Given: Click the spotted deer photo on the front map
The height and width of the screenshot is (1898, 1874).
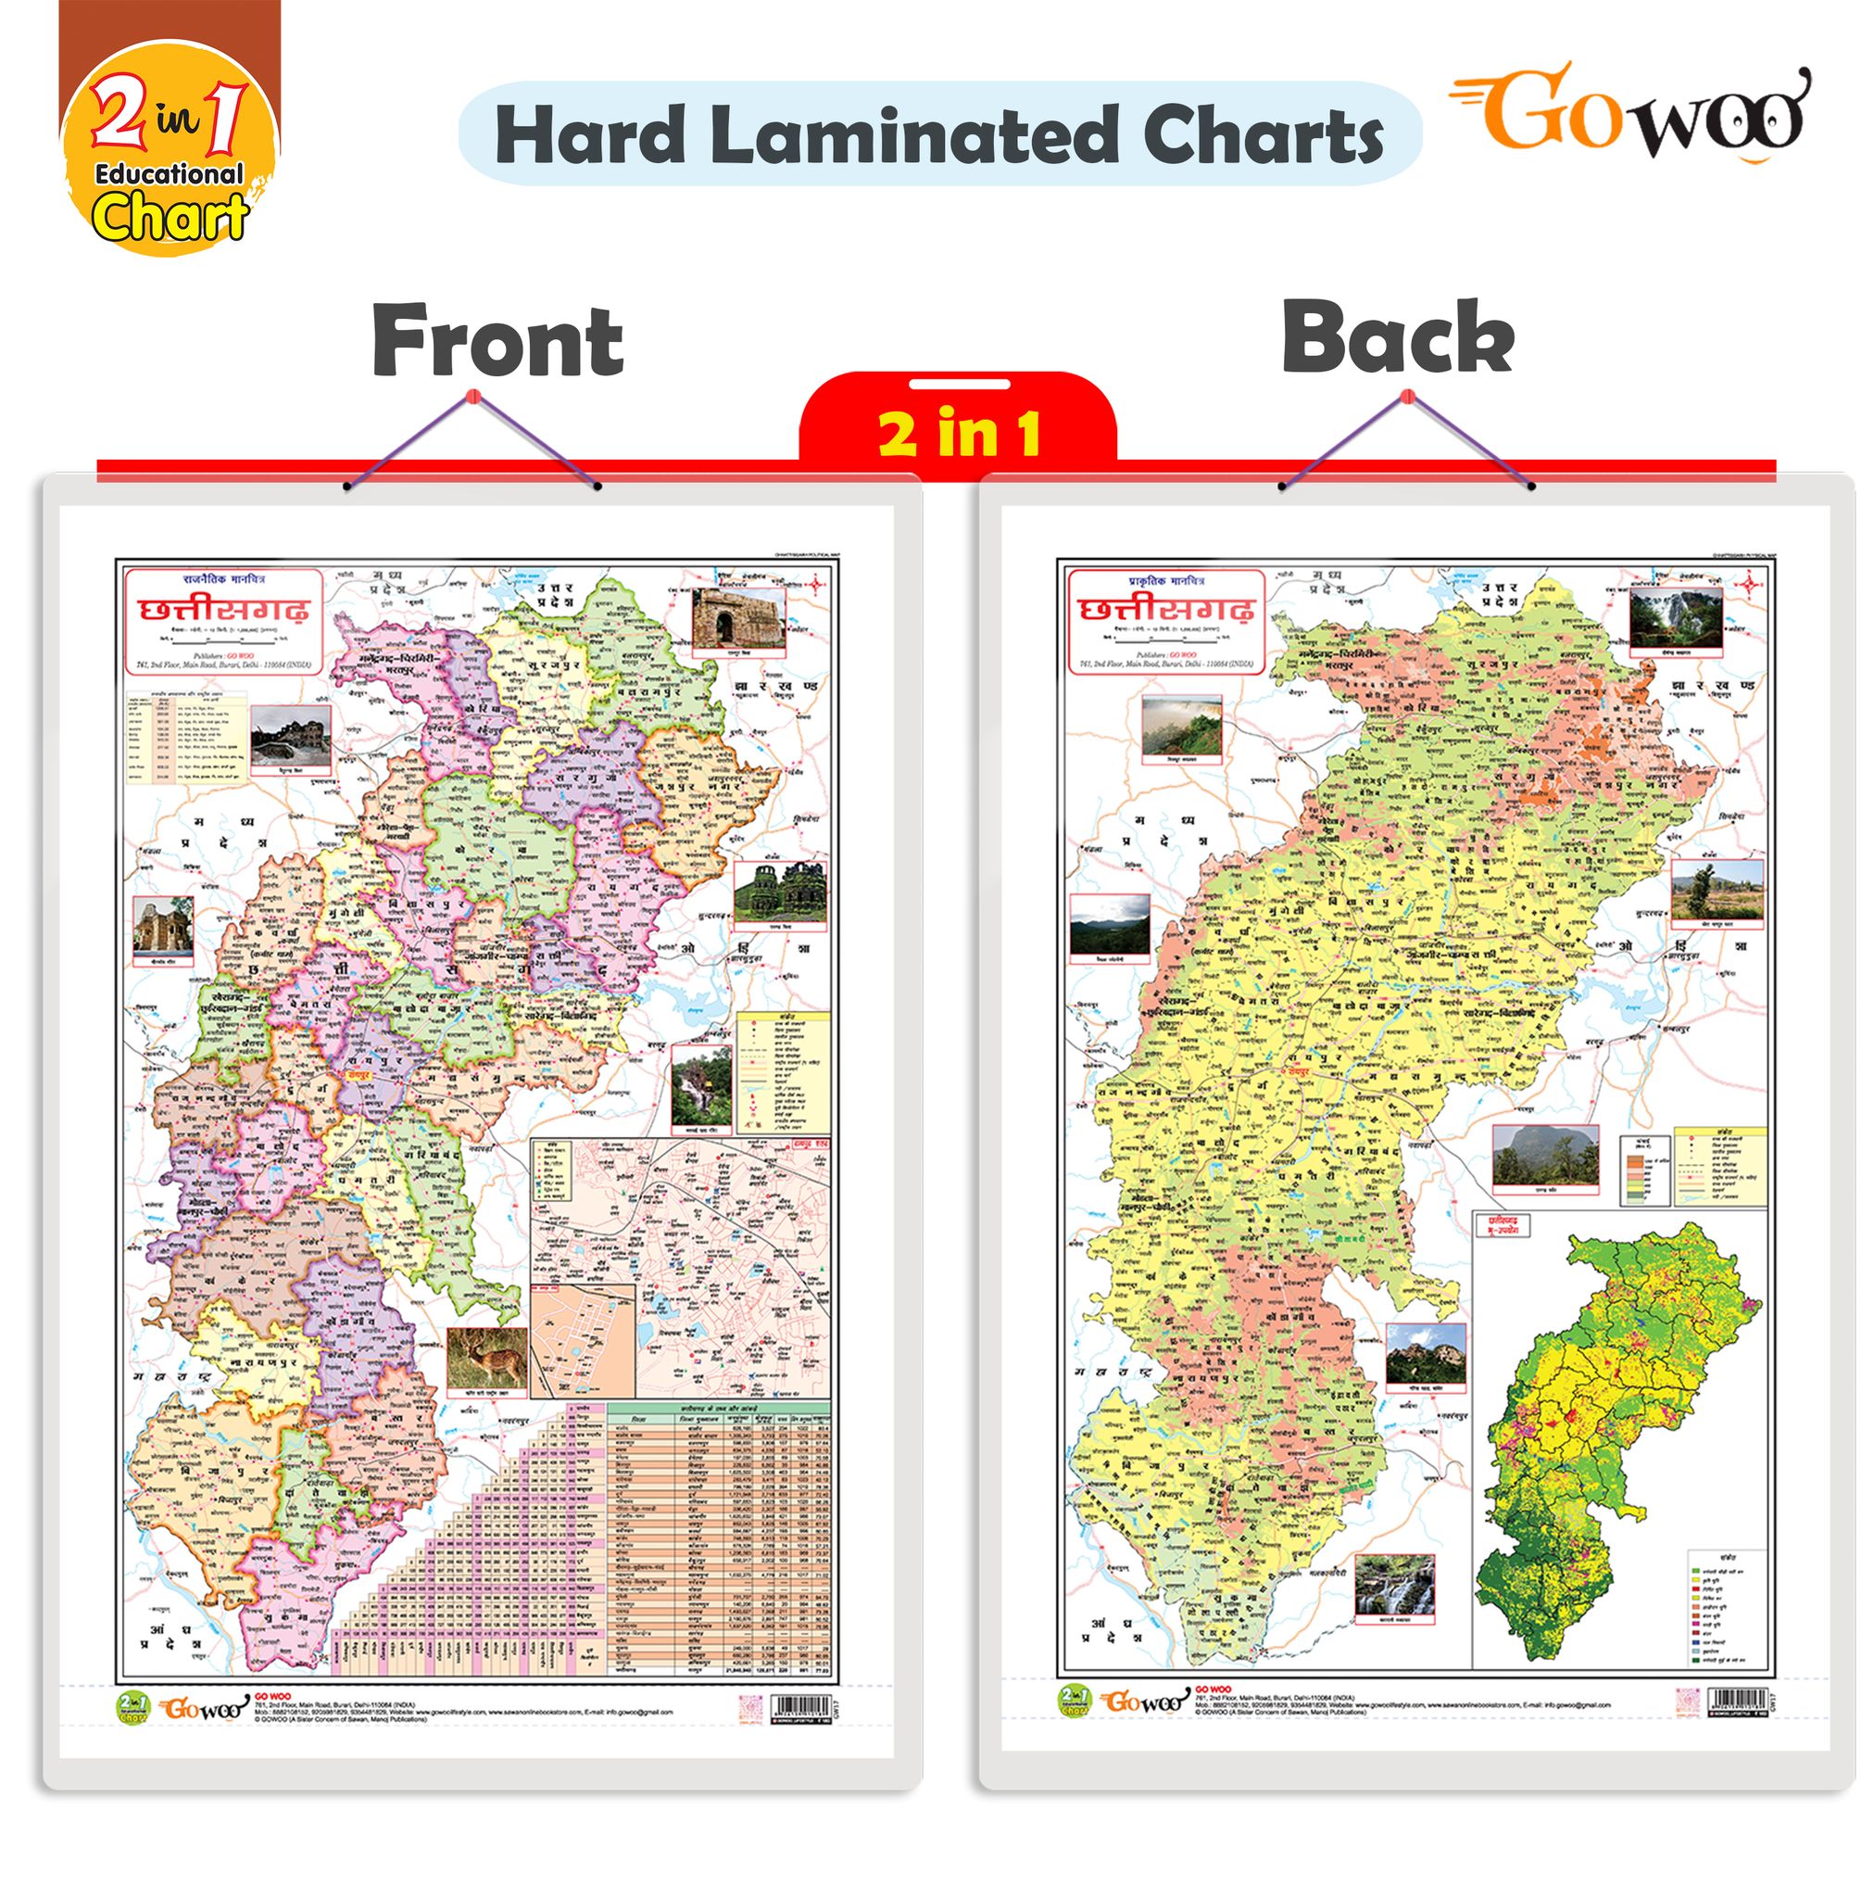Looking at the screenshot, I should [x=486, y=1359].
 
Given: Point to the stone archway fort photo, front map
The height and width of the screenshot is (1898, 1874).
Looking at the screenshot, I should [x=737, y=619].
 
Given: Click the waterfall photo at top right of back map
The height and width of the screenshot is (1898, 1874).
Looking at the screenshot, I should [x=1675, y=619].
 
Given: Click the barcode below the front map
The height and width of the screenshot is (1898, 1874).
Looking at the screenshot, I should [x=799, y=1704].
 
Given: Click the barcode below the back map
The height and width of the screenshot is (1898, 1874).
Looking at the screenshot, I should [x=1737, y=1701].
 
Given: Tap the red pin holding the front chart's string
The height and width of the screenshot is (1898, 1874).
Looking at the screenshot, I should [x=472, y=397].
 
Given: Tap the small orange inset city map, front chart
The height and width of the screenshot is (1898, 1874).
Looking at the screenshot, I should [x=582, y=1340].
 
